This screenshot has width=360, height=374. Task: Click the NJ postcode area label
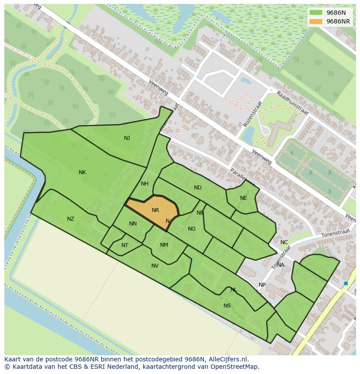[x=127, y=138]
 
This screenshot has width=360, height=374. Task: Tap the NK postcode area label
[x=82, y=172]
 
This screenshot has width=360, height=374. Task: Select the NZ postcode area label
[x=70, y=219]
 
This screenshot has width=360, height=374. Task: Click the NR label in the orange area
[x=155, y=210]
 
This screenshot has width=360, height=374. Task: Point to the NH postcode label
[x=145, y=184]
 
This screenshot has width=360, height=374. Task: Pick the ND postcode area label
[x=198, y=188]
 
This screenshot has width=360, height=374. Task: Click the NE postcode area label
[x=243, y=198]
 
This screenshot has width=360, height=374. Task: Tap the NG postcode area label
[x=192, y=229]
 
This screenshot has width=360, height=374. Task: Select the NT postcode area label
[x=125, y=245]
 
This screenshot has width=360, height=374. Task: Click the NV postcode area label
[x=155, y=266]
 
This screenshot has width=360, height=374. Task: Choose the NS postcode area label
[x=227, y=306]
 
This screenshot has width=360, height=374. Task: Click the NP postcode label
[x=262, y=285]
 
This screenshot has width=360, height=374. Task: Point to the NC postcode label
[x=284, y=242]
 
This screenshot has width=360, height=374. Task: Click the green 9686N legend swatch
[x=316, y=13]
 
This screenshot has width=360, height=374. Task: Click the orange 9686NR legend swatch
[x=316, y=21]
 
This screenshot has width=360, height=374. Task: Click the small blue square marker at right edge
[x=346, y=284]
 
